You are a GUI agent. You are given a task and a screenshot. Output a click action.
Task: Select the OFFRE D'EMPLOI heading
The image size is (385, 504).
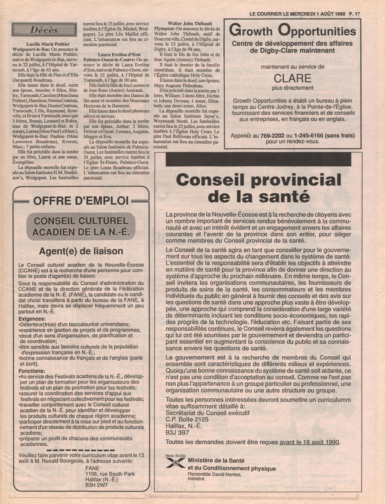click(x=81, y=201)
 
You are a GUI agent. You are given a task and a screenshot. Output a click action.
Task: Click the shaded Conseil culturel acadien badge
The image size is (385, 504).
click(x=81, y=226)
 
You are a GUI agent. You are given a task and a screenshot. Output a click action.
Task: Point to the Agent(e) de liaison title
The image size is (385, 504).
click(x=81, y=251)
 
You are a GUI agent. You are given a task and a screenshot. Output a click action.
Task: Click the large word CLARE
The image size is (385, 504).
click(x=292, y=78)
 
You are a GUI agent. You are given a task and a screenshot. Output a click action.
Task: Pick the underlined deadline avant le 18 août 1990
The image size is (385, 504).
click(x=309, y=442)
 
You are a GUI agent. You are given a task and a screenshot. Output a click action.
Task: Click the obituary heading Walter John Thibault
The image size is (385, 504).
click(x=190, y=24)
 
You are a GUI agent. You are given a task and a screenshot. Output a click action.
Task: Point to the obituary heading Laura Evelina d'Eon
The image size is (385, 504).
click(x=119, y=55)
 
